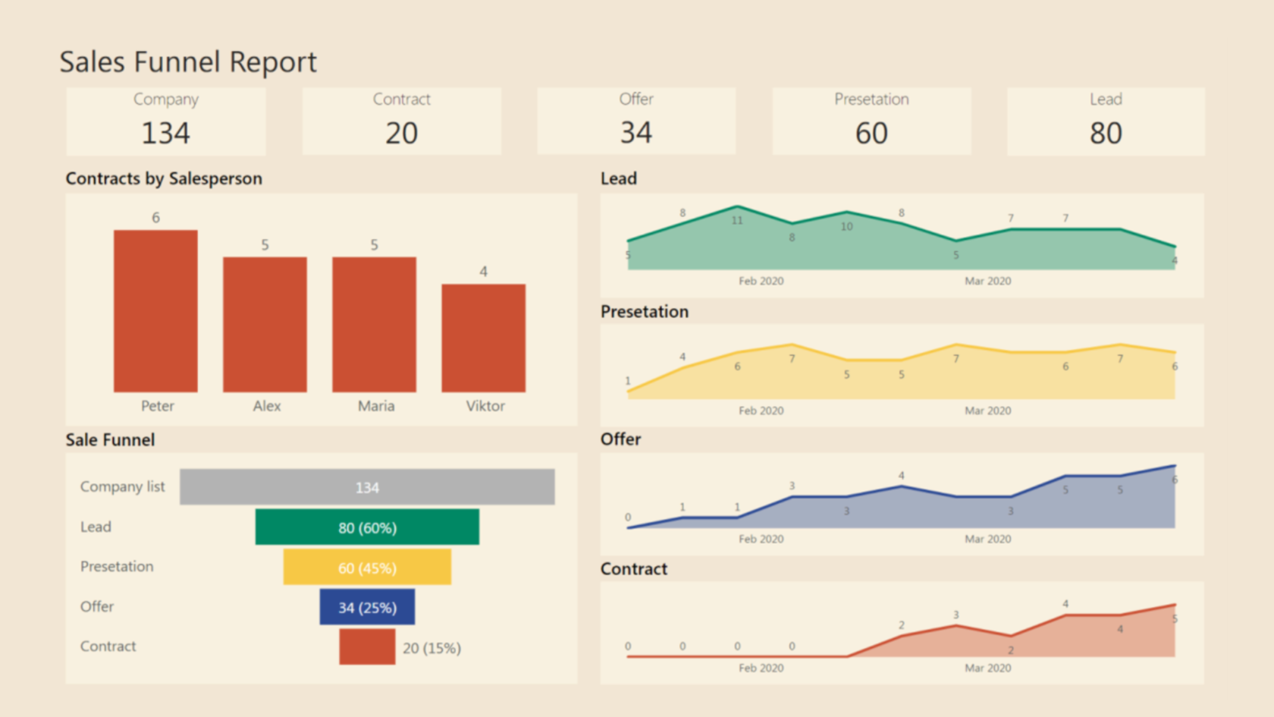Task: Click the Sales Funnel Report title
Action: coord(188,62)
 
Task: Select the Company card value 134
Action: coord(166,134)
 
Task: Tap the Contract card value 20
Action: coord(401,134)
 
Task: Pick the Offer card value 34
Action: coord(635,133)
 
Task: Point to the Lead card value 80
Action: coord(1106,134)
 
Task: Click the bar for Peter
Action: coord(155,311)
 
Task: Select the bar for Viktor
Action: coord(483,338)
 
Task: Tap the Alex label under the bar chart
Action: coord(266,406)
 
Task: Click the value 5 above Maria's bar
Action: coord(374,245)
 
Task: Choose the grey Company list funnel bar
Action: coord(367,487)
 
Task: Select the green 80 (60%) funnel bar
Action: coord(367,527)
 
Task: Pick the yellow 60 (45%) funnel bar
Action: coord(367,568)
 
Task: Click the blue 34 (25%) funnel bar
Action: coord(367,607)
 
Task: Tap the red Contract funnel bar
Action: coord(367,647)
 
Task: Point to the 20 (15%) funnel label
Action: coord(431,648)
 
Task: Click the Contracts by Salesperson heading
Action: coord(164,179)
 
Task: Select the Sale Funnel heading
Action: coord(110,440)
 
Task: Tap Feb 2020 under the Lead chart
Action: coord(761,281)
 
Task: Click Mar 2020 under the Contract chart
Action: coord(987,668)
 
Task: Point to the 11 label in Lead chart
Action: coord(737,221)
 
